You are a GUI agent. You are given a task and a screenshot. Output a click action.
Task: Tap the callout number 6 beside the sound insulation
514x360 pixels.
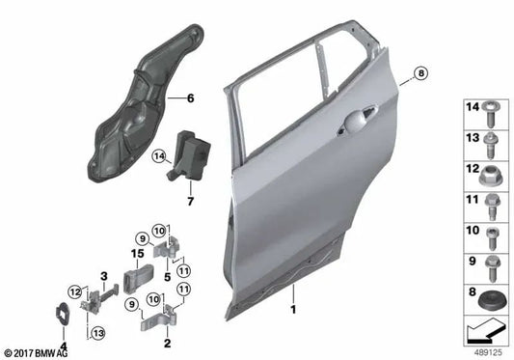click(x=190, y=98)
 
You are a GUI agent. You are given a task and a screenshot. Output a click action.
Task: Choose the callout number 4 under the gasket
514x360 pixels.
click(x=64, y=344)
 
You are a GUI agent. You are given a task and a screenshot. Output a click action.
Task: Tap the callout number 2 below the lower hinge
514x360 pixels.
click(x=167, y=342)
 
